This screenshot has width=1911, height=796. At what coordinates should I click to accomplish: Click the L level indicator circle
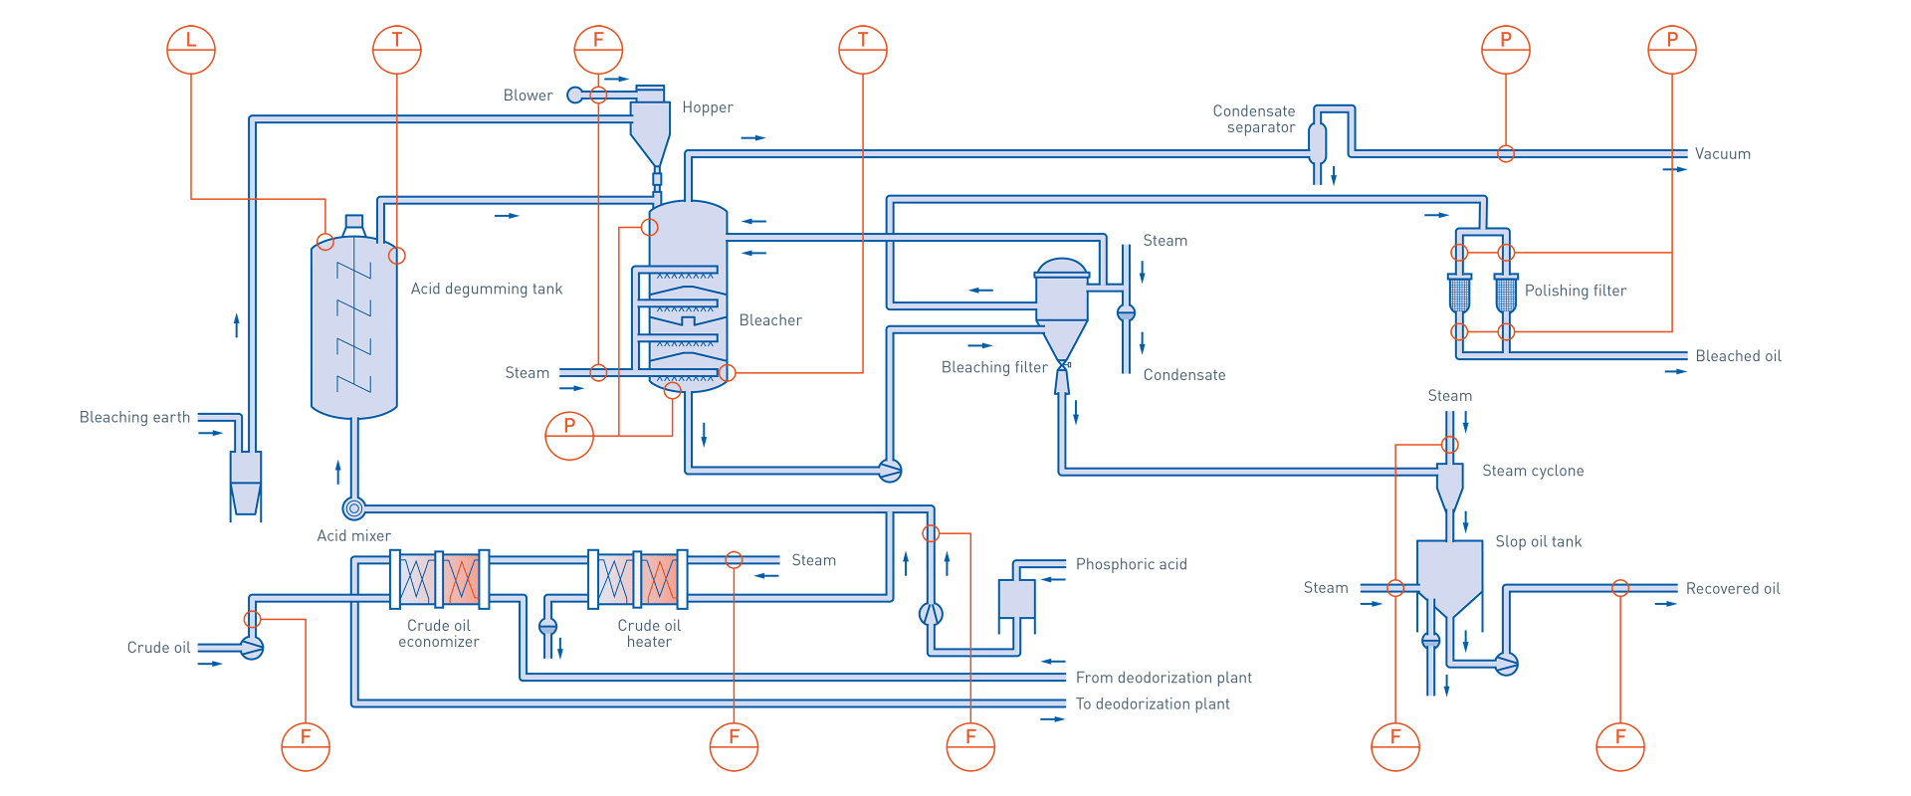tap(191, 50)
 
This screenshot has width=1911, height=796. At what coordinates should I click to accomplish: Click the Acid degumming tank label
tap(487, 289)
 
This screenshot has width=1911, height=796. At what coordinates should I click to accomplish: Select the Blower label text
tap(528, 96)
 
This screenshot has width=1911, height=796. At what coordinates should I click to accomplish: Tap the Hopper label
tap(708, 107)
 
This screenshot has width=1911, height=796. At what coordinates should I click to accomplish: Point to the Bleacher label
tap(770, 320)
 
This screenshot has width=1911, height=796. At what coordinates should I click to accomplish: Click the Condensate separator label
tap(1254, 119)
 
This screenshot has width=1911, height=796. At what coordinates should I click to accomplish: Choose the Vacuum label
tap(1723, 154)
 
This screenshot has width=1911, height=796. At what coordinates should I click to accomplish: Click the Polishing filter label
tap(1576, 291)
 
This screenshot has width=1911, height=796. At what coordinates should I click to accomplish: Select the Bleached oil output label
tap(1739, 356)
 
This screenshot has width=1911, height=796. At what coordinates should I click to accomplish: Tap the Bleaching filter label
tap(994, 367)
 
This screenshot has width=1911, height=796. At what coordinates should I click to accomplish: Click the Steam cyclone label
tap(1533, 471)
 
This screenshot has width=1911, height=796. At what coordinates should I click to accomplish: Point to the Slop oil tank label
tap(1539, 541)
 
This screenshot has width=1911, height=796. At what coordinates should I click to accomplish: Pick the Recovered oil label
tap(1733, 589)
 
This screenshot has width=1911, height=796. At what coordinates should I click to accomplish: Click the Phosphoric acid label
tap(1132, 564)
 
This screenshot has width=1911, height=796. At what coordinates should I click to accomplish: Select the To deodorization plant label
tap(1153, 703)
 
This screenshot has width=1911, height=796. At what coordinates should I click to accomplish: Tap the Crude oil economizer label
tap(439, 634)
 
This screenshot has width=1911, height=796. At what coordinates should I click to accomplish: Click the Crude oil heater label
tap(649, 634)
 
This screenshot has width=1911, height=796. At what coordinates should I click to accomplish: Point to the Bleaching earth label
tap(134, 417)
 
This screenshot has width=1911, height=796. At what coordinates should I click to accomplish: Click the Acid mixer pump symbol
tap(354, 508)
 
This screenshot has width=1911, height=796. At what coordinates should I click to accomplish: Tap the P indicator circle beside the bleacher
tap(569, 436)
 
